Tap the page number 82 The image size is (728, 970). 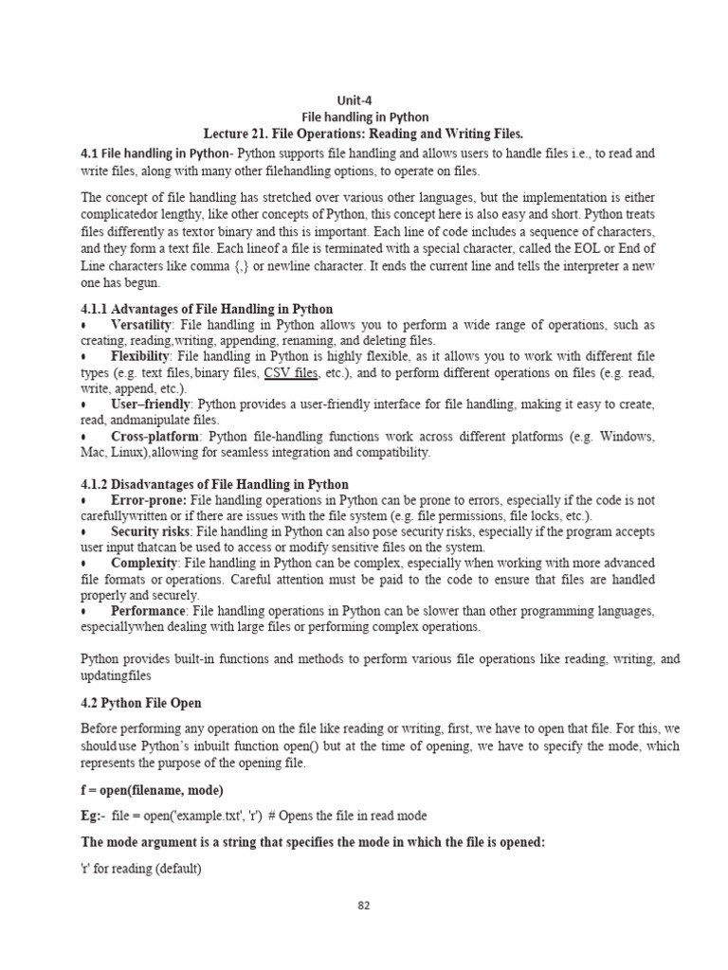363,905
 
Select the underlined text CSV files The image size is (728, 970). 291,372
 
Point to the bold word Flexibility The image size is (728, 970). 140,356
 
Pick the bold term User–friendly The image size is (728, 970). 149,404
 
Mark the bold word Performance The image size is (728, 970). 150,611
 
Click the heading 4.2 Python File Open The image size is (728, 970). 141,703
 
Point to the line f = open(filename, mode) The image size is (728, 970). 152,788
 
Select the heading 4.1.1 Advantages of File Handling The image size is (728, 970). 207,309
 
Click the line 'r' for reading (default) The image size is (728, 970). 141,868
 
